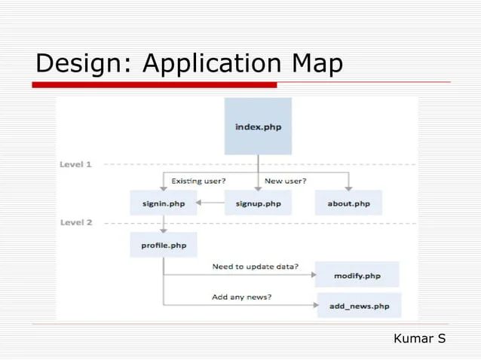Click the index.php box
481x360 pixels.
(258, 127)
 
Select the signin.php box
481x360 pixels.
(163, 203)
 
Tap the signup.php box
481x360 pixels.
(258, 203)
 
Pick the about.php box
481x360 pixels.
(348, 203)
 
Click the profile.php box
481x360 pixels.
(163, 246)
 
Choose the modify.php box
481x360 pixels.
(357, 276)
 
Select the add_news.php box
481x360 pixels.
(359, 306)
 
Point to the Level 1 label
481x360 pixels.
(75, 164)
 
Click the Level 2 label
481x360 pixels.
(75, 223)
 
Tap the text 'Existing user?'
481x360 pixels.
(198, 181)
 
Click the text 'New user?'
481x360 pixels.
(285, 181)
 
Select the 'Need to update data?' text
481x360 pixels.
(255, 267)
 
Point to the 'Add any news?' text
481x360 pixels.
(241, 297)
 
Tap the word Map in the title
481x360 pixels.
(317, 63)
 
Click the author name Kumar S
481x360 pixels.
(419, 339)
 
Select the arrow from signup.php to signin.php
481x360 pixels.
(210, 203)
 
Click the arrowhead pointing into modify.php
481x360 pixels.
(313, 275)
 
